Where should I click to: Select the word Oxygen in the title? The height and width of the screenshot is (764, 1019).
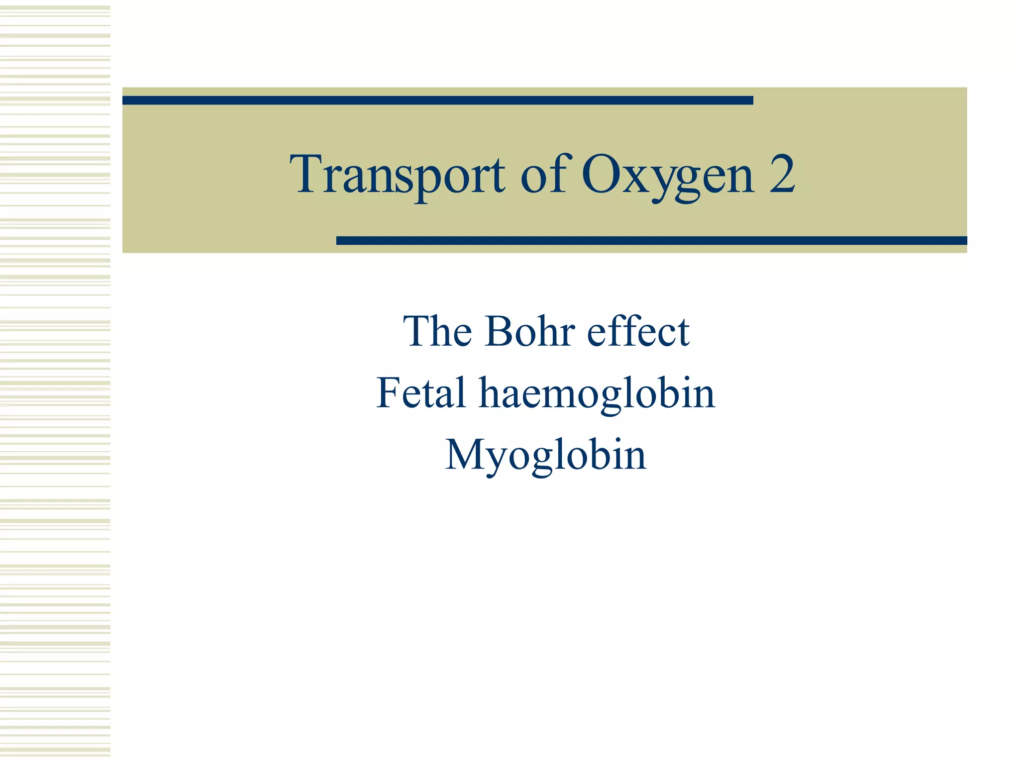[667, 176]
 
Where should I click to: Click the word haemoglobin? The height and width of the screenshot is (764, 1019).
[597, 394]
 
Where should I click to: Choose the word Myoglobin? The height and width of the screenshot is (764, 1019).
[546, 455]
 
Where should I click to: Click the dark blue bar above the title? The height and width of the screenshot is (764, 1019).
[437, 100]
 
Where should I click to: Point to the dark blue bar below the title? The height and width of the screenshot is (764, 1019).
[651, 241]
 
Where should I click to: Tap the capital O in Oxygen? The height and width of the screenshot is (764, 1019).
[600, 175]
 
